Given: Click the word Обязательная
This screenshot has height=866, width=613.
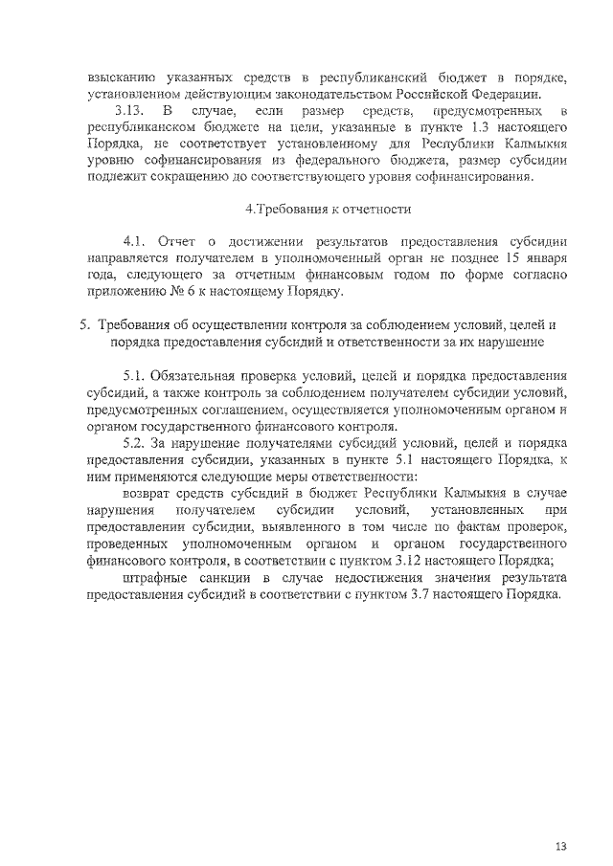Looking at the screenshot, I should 203,374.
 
